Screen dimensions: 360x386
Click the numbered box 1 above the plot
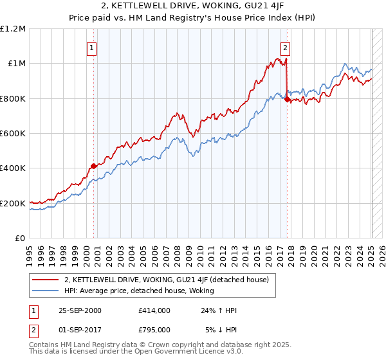click(x=91, y=47)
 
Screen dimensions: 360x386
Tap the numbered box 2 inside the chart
click(x=284, y=47)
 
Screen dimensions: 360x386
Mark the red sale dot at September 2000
click(x=94, y=166)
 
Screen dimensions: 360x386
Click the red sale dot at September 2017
click(x=287, y=100)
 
